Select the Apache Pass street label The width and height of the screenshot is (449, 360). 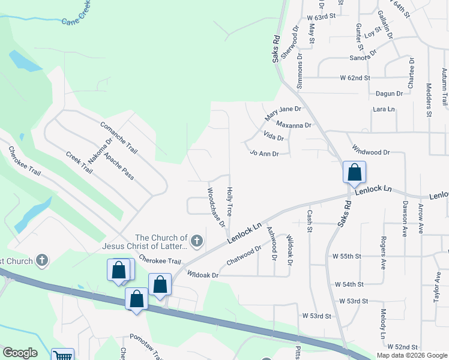point(119,166)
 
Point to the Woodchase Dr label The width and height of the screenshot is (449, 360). point(216,208)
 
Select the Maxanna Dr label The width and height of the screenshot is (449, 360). point(294,125)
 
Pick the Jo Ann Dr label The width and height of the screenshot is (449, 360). point(264,154)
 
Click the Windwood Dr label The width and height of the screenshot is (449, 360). point(370,152)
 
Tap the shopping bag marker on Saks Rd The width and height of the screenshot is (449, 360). point(355,172)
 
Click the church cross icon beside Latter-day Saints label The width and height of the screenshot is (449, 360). point(198,241)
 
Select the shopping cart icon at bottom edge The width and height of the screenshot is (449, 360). point(62,356)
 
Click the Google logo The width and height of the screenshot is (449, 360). point(20,353)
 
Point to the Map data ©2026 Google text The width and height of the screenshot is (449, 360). point(411,355)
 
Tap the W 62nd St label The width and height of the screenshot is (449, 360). point(355,78)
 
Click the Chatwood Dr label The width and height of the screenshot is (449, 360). point(244,256)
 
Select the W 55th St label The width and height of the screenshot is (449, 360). point(346,256)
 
